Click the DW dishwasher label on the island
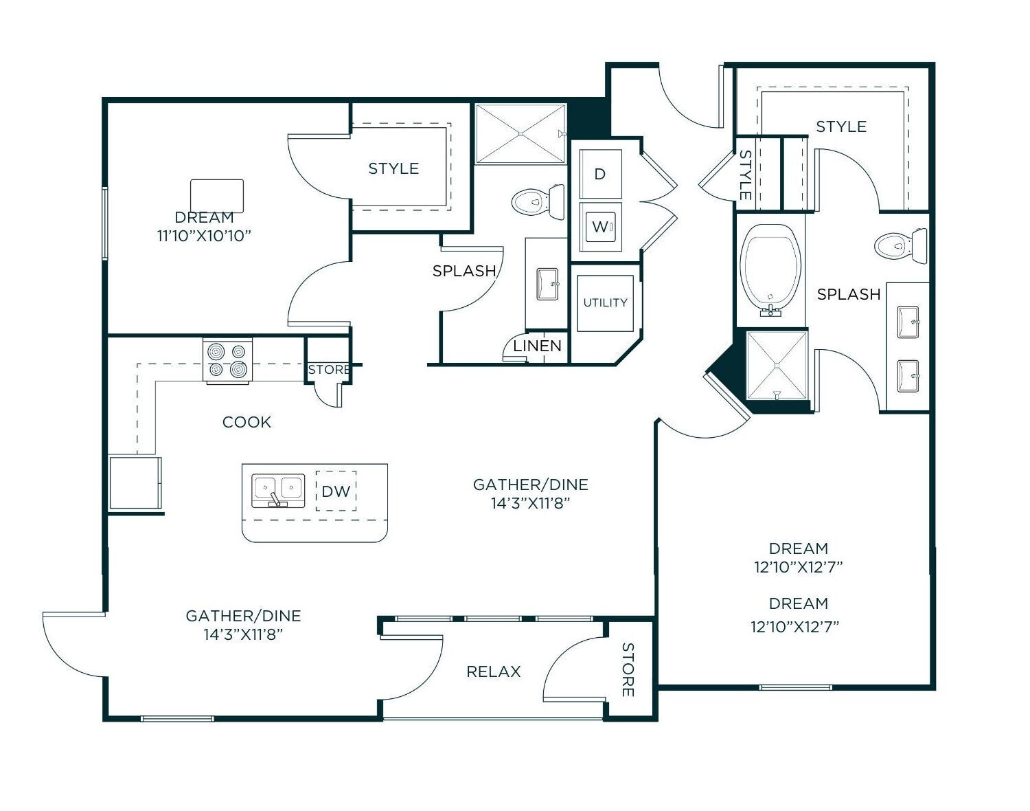pos(336,491)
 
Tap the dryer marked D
pos(600,174)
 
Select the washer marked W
pos(600,226)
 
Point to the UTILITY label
pos(605,302)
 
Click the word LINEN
pos(537,346)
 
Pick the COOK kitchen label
pos(247,422)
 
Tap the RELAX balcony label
pos(493,671)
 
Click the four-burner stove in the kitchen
pos(227,360)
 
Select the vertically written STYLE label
pos(745,175)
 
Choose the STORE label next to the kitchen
pos(328,370)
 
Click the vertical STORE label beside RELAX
pos(627,669)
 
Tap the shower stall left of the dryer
pos(520,133)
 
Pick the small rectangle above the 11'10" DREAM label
pos(217,196)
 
